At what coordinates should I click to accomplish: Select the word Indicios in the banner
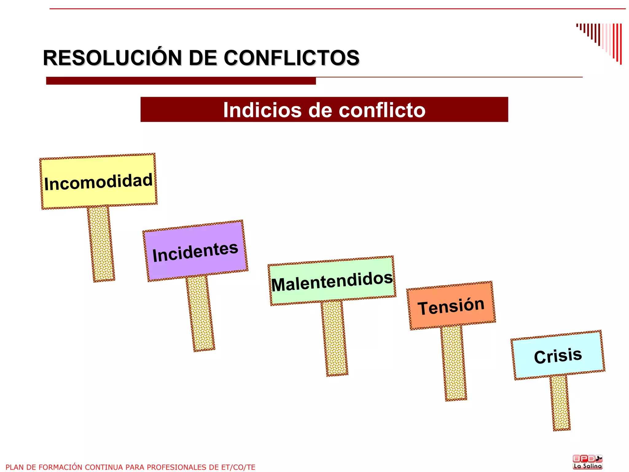262,110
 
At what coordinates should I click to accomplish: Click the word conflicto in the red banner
382,110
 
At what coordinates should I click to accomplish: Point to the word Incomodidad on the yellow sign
98,182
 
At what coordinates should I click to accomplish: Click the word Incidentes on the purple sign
195,252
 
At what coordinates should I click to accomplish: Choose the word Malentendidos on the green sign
332,281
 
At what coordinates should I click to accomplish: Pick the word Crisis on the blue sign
558,356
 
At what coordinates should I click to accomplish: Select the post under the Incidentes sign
200,313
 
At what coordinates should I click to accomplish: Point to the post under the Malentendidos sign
334,338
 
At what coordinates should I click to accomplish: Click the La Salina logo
588,462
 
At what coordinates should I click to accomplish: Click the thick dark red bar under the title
181,81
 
